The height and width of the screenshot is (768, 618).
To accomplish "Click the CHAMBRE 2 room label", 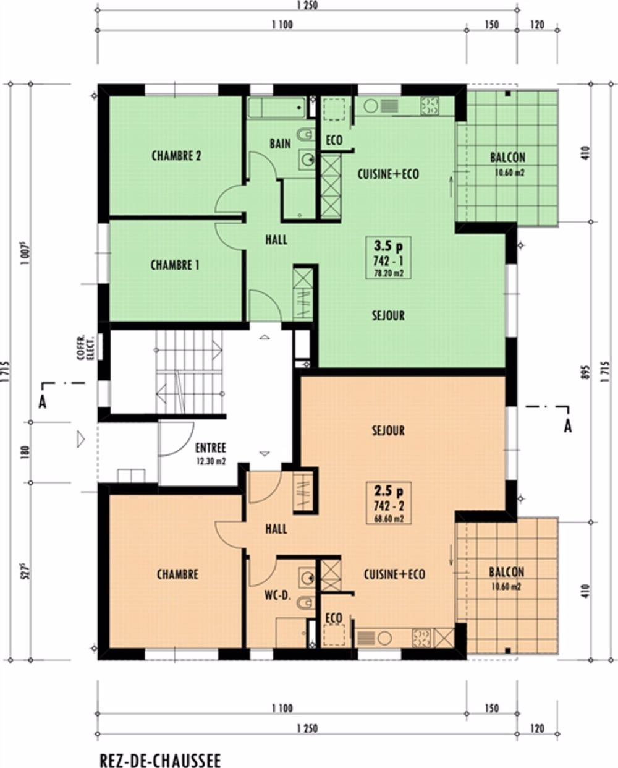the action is click(x=176, y=156).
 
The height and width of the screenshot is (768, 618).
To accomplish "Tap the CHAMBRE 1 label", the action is click(x=175, y=265).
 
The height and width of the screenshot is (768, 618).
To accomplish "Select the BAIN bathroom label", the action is click(x=280, y=144).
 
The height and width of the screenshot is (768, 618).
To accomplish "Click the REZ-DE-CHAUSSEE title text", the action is click(x=160, y=759).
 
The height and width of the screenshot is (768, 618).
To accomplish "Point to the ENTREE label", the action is click(x=211, y=448).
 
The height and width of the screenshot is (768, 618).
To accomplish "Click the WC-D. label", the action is click(x=278, y=595).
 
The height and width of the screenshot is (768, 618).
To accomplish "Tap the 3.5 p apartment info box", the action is click(x=388, y=258).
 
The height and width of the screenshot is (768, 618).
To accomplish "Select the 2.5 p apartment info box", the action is click(x=389, y=503).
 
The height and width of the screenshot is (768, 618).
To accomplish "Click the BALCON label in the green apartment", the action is click(x=507, y=158).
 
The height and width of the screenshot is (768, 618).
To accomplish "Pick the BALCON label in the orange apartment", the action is click(x=507, y=572).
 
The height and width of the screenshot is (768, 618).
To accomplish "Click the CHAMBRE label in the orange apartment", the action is click(x=177, y=574).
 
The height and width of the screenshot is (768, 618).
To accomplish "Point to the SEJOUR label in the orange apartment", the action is click(x=388, y=430).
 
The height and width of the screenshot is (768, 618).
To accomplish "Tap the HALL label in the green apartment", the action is click(x=276, y=239).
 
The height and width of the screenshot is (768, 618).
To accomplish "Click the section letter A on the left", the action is click(x=43, y=403).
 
